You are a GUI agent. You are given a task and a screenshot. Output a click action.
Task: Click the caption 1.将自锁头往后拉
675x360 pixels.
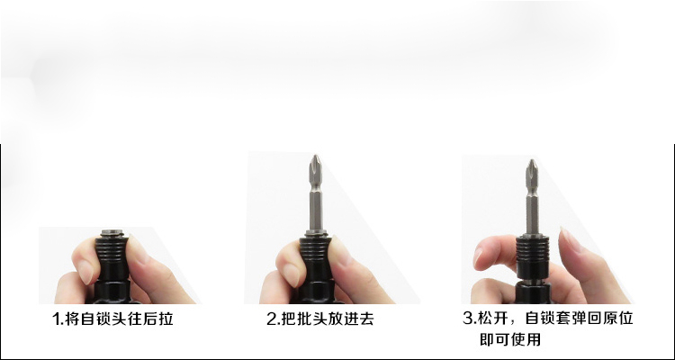112,319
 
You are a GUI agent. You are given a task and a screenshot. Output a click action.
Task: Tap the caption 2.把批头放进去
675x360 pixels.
319,319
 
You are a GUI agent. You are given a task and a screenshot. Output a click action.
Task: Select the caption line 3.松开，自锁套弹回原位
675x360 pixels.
548,319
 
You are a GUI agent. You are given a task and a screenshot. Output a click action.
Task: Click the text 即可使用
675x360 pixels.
510,339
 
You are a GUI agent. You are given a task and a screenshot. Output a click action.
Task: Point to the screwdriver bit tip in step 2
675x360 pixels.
317,156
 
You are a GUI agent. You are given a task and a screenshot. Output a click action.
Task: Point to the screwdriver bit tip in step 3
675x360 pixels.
533,160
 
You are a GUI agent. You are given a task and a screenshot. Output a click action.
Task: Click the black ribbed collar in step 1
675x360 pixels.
112,258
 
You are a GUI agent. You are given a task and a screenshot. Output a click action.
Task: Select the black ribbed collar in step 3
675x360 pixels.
533,257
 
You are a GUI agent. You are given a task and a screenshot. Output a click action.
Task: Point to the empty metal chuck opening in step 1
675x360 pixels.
112,233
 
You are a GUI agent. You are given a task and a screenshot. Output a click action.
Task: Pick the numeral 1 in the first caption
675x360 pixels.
55,319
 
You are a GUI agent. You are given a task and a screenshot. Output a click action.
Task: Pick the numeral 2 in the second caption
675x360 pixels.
271,319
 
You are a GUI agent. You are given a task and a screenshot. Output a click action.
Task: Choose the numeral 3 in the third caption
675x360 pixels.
468,319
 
